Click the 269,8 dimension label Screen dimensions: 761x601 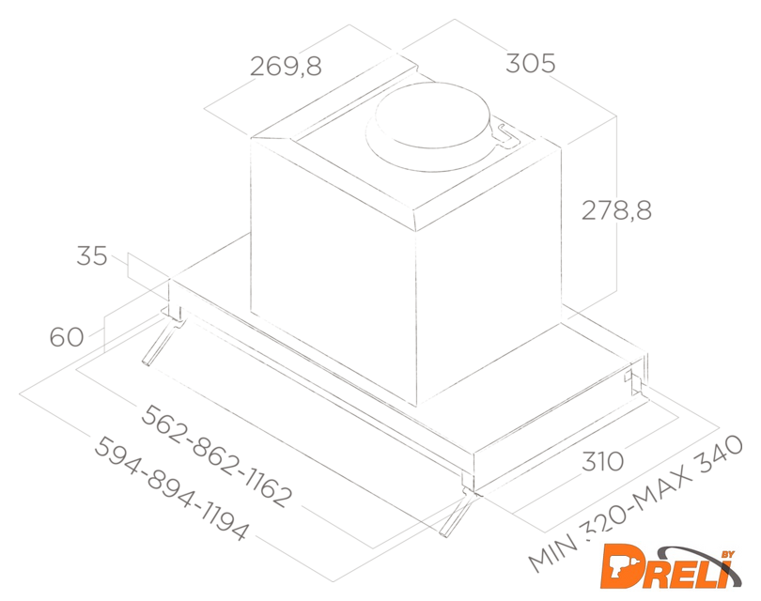tap(286, 66)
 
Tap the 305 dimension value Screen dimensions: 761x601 tap(531, 63)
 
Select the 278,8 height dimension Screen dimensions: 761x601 tap(616, 210)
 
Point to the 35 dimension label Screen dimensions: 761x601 tap(92, 255)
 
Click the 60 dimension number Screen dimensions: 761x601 tap(67, 336)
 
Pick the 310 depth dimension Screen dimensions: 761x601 tap(603, 461)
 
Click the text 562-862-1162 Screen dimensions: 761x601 tap(216, 456)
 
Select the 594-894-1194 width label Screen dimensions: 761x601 tap(171, 488)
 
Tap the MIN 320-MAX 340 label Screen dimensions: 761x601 tap(636, 503)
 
